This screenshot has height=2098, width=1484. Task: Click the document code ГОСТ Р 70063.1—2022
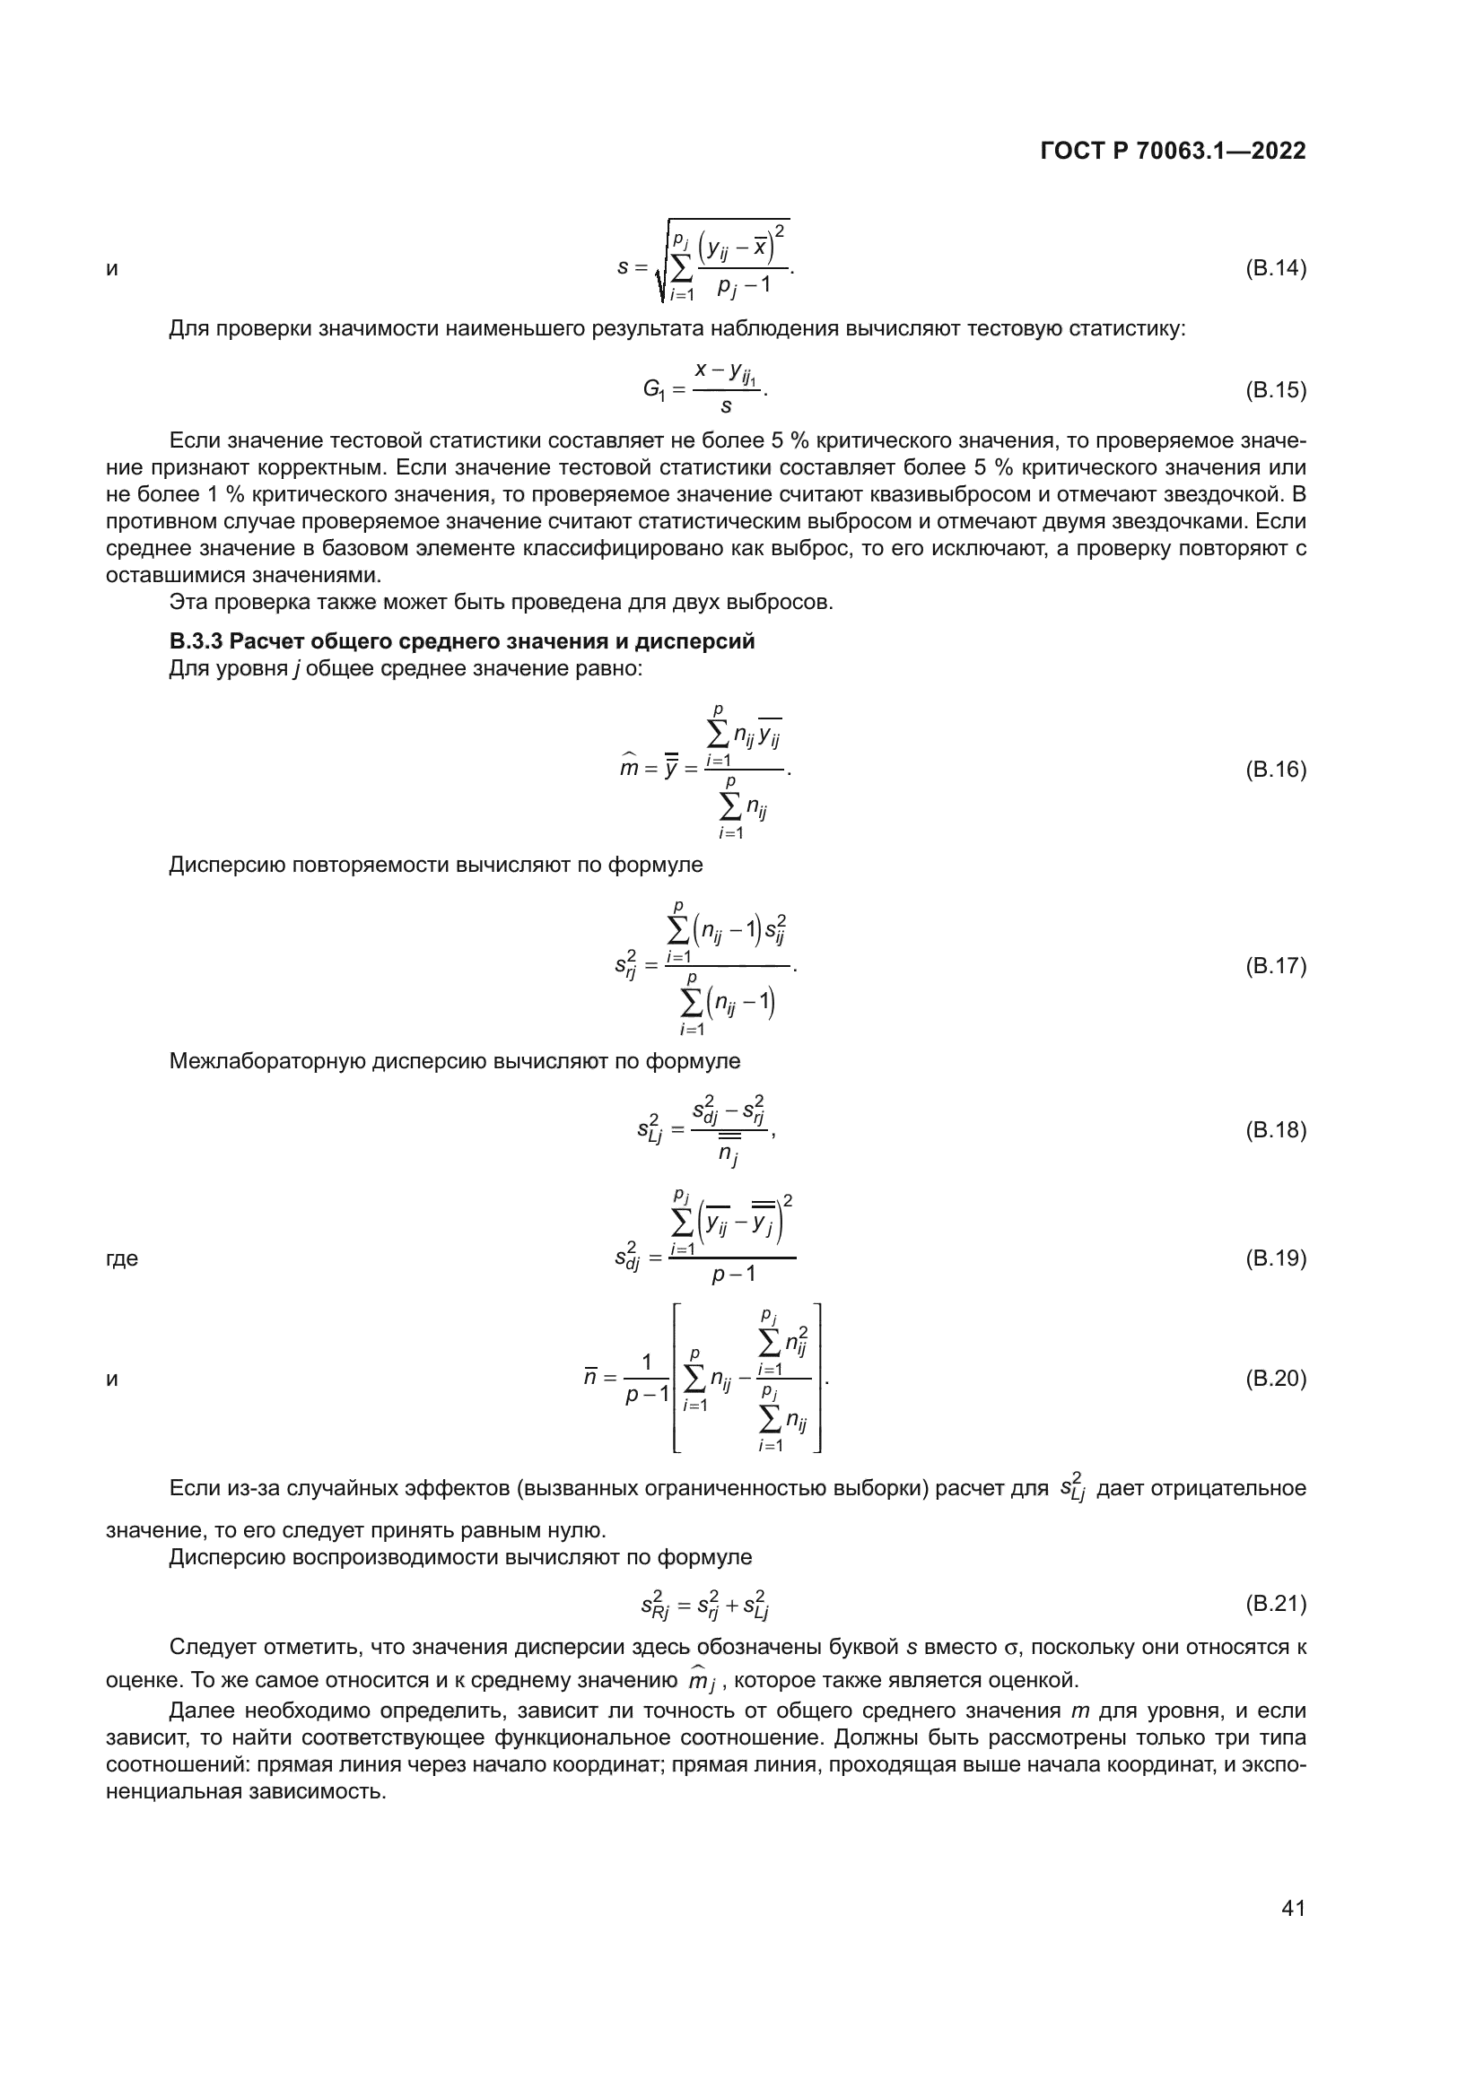click(x=1173, y=151)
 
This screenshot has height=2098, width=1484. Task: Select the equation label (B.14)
click(x=1276, y=269)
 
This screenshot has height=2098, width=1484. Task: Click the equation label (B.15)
click(x=1276, y=390)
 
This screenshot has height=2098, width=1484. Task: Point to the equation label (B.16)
click(x=1276, y=770)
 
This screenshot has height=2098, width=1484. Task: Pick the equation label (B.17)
click(x=1276, y=966)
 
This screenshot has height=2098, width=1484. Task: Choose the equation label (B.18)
click(x=1276, y=1130)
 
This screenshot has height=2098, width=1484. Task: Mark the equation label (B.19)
click(x=1276, y=1258)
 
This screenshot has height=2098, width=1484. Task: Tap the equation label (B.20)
click(x=1276, y=1379)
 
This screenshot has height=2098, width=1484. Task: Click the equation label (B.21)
click(x=1276, y=1603)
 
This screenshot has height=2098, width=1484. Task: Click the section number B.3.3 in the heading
click(x=196, y=641)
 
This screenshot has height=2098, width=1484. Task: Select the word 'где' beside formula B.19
click(x=121, y=1258)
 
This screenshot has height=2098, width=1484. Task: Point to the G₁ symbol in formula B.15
click(x=654, y=390)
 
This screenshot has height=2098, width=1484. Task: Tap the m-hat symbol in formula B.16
click(x=629, y=768)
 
